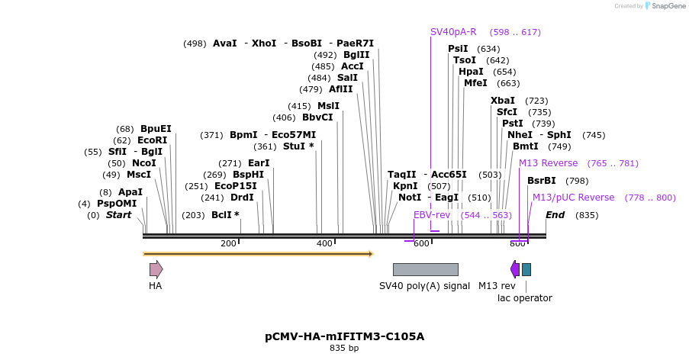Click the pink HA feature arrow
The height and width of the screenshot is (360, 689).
[156, 268]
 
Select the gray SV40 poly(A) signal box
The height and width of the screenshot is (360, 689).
[425, 269]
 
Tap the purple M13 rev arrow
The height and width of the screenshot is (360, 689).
[515, 268]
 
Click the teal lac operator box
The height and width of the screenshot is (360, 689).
[526, 269]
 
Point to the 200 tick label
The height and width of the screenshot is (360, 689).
[228, 243]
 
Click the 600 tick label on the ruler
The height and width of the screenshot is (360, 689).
[421, 243]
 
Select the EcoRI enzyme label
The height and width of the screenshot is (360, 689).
[152, 140]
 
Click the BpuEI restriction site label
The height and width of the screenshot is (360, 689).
[156, 129]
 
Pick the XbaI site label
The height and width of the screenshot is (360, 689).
[503, 101]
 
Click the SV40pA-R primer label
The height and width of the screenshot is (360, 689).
[453, 32]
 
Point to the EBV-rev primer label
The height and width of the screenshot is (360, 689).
[432, 215]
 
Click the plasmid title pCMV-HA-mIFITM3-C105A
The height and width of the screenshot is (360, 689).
[344, 336]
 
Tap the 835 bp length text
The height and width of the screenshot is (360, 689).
[344, 349]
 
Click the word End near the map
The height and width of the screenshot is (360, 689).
[555, 215]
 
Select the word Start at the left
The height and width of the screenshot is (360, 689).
[118, 215]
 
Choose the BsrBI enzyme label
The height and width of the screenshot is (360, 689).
[542, 181]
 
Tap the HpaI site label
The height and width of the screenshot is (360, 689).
[471, 72]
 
